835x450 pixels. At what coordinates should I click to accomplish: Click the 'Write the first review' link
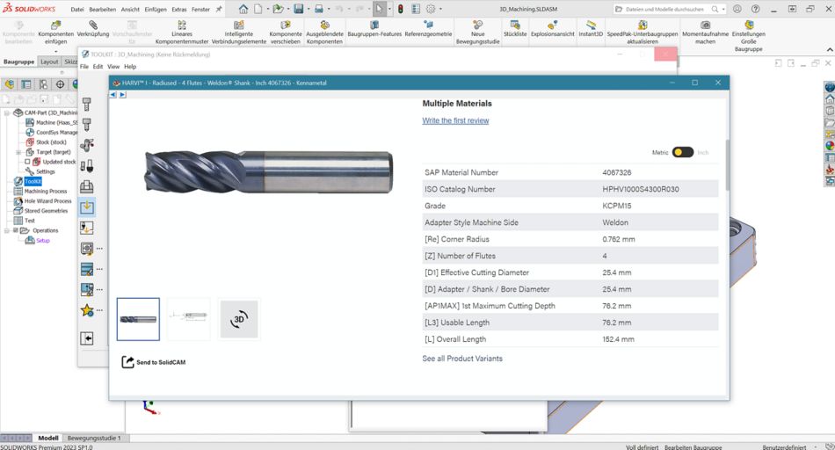[455, 120]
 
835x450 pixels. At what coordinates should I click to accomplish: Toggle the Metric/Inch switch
[683, 152]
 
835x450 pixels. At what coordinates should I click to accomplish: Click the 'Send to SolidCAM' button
[155, 362]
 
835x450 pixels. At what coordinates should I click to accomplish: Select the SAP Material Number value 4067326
[617, 173]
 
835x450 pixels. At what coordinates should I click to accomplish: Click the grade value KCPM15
[617, 206]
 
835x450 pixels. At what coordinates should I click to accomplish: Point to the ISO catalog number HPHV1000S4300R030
[641, 190]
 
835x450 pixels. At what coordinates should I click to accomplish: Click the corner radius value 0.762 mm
[619, 239]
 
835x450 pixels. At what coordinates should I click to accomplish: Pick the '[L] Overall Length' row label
[455, 339]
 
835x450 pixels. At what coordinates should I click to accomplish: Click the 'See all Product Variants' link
[462, 359]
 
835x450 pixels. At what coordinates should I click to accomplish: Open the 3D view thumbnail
[239, 320]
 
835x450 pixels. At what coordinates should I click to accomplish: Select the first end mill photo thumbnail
[138, 319]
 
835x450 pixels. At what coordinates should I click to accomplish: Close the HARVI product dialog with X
[718, 83]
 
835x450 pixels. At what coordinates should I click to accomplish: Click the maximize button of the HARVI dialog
[694, 83]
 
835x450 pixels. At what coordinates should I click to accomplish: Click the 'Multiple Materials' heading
[457, 104]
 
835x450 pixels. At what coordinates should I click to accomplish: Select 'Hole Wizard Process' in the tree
[47, 201]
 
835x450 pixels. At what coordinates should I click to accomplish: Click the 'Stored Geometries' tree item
[46, 211]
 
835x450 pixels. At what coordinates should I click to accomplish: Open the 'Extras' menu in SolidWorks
[179, 9]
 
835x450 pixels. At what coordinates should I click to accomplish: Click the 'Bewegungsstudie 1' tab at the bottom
[94, 438]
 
